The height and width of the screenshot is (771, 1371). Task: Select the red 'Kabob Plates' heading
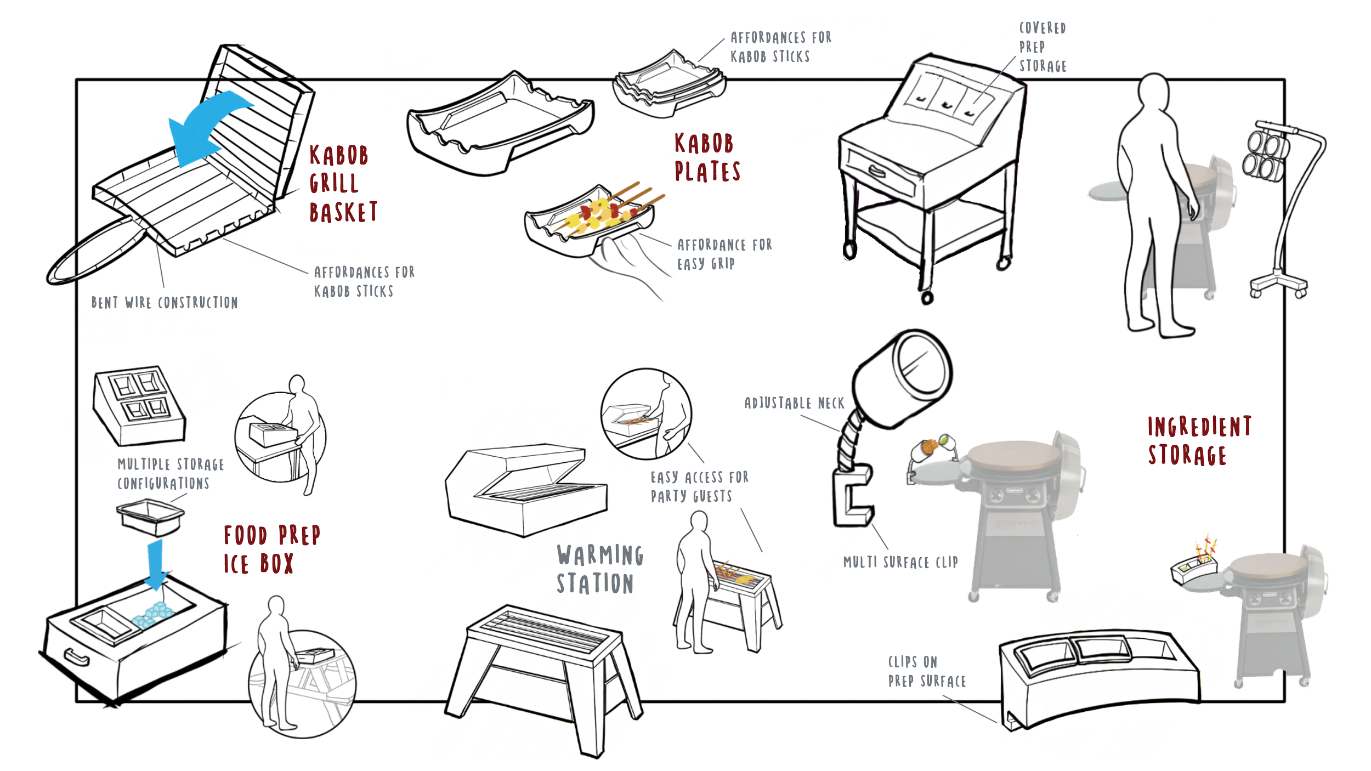(x=706, y=158)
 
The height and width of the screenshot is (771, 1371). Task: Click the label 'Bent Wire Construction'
(x=165, y=303)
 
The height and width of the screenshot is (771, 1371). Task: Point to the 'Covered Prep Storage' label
(x=1042, y=47)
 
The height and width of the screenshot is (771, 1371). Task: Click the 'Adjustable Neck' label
(x=794, y=404)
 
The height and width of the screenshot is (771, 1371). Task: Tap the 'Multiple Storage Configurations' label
(x=170, y=474)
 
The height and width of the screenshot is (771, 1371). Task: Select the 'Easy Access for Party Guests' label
(x=699, y=487)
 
